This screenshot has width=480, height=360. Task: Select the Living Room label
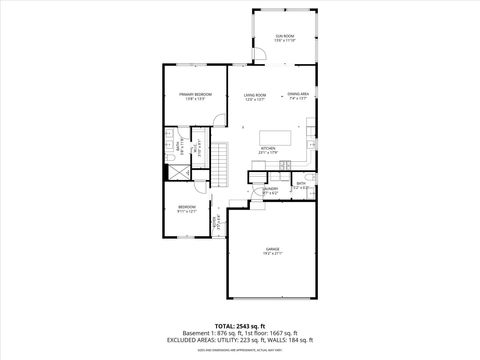pos(255,96)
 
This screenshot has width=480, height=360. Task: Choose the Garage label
pos(273,250)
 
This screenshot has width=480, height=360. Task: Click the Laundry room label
pos(270,189)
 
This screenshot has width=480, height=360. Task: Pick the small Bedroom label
pos(187,209)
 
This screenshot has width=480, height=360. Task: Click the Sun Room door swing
pos(258,57)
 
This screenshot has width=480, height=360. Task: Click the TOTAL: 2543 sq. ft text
pos(241,326)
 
